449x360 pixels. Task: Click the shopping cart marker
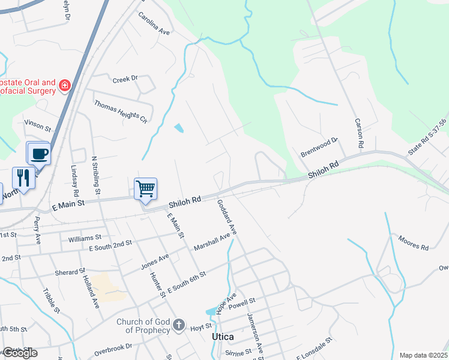(x=145, y=189)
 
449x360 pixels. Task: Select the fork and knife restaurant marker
(x=23, y=178)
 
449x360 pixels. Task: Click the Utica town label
(x=223, y=337)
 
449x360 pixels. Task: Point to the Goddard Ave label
(x=228, y=217)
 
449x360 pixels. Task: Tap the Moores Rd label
(x=413, y=243)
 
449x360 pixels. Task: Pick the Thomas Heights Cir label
(x=120, y=111)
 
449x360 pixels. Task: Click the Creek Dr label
(x=125, y=79)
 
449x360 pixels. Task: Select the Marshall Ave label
(x=212, y=242)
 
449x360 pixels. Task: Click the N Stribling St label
(x=95, y=175)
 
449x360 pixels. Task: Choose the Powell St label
(x=243, y=303)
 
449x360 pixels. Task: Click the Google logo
(x=19, y=353)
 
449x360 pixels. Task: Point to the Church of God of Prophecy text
(x=143, y=326)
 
